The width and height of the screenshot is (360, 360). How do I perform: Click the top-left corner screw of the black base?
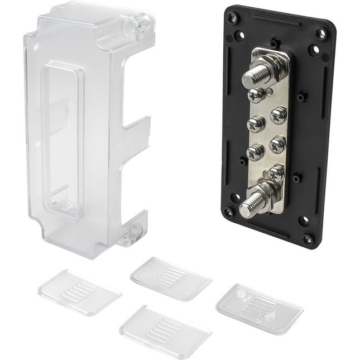pyautogui.click(x=232, y=17)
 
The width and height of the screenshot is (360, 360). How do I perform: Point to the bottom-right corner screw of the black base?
pyautogui.click(x=308, y=239)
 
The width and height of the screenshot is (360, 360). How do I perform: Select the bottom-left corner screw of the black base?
pyautogui.click(x=228, y=212)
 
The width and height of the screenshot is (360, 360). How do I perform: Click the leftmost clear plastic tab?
pyautogui.click(x=79, y=292)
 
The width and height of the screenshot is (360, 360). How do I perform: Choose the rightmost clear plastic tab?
pyautogui.click(x=260, y=309)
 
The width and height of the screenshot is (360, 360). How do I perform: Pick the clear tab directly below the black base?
pyautogui.click(x=171, y=277)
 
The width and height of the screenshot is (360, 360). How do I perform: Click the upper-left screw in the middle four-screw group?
pyautogui.click(x=255, y=122)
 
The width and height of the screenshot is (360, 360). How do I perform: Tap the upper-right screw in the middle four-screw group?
pyautogui.click(x=278, y=115)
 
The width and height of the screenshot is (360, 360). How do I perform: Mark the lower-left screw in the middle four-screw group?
pyautogui.click(x=255, y=151)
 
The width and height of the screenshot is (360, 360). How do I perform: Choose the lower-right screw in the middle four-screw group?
pyautogui.click(x=277, y=144)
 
